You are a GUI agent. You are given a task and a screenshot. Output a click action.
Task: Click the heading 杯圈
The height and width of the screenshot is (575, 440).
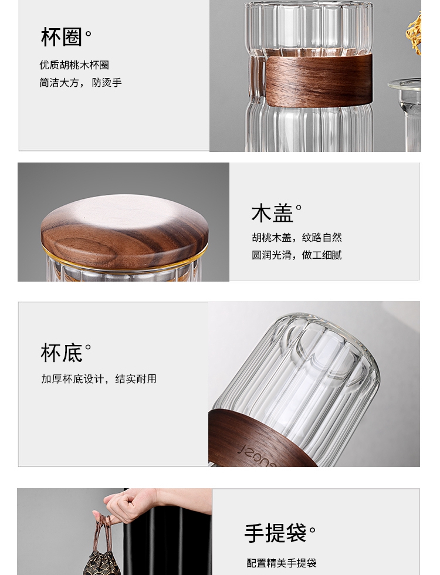61,36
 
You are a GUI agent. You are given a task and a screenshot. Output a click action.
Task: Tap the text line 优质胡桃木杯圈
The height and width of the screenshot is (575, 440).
74,65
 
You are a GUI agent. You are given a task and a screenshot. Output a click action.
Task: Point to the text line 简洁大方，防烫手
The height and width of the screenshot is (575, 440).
81,83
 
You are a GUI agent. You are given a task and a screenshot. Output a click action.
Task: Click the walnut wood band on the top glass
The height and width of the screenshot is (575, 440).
318,80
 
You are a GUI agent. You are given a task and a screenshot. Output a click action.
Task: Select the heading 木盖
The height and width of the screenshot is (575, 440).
272,214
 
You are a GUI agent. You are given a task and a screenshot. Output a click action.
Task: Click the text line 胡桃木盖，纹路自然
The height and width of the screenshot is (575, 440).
297,238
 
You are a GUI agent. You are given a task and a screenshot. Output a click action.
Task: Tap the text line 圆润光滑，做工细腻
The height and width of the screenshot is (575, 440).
297,255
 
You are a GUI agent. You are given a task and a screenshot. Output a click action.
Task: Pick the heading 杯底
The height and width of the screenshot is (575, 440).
61,353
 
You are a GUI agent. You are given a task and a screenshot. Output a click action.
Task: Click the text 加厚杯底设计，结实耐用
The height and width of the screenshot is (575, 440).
99,379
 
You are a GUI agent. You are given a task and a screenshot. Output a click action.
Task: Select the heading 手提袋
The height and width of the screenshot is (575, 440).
275,533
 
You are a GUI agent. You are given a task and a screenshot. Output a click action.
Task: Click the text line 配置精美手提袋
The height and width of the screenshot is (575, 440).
282,563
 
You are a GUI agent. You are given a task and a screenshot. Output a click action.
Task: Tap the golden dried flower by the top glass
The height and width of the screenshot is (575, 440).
414,32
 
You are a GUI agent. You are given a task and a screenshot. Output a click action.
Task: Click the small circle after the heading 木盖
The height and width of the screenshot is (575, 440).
299,208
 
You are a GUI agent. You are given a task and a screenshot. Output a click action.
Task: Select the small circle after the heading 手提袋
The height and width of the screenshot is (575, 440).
312,530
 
